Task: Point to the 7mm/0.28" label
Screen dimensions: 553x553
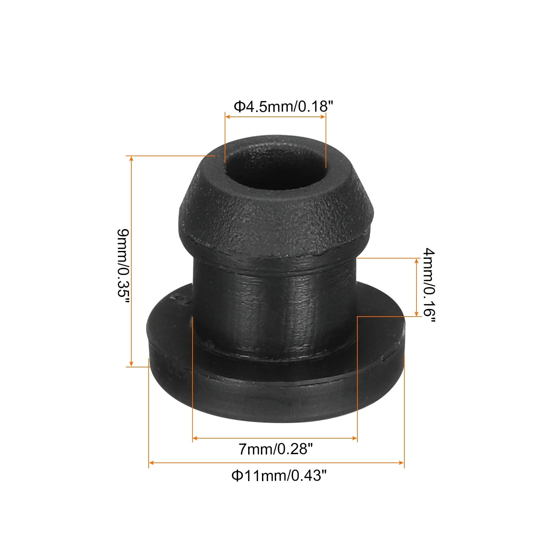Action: [275, 450]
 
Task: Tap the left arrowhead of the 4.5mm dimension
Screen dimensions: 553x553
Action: [228, 117]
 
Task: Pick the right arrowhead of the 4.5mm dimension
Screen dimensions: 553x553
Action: [323, 117]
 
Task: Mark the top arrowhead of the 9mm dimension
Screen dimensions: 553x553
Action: [131, 159]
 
